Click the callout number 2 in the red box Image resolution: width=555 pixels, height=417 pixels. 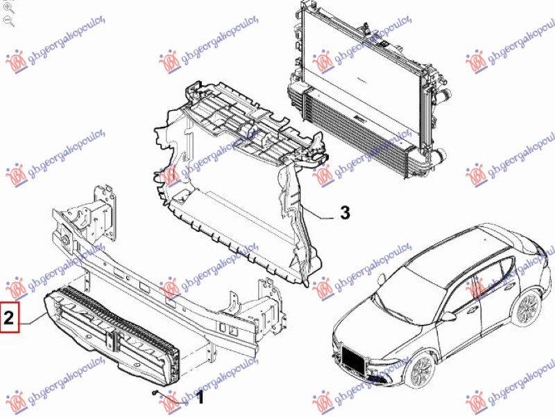coord(9,317)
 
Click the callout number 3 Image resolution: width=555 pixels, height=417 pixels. coord(345,213)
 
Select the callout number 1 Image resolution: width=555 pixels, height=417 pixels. coord(200,398)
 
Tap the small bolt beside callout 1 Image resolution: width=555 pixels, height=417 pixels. coord(154,393)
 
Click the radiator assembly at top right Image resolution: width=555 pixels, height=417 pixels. coord(368,89)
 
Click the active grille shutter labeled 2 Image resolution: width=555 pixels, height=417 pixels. coord(112,334)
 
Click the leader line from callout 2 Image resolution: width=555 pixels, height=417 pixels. coord(33,319)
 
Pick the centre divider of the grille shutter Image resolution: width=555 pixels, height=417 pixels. coord(114,340)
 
